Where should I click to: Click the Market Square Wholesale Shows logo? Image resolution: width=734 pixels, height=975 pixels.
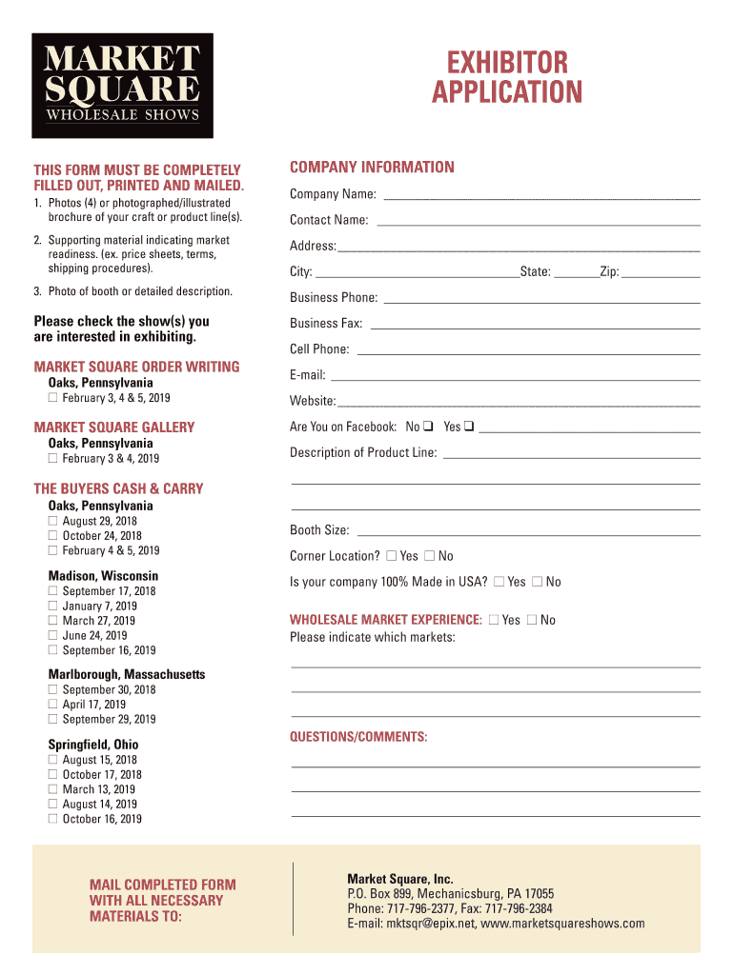click(122, 86)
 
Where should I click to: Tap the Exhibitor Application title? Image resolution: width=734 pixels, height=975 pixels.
click(506, 78)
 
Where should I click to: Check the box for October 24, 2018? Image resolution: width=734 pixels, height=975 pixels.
click(53, 536)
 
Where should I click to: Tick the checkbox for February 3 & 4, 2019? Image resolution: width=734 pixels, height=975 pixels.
click(53, 459)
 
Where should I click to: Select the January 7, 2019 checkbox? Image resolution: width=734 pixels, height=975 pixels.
click(53, 607)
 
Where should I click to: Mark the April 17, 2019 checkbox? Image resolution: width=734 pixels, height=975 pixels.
click(53, 705)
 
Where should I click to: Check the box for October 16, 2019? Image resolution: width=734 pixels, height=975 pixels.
click(53, 819)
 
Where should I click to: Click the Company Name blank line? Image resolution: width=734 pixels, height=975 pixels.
click(540, 198)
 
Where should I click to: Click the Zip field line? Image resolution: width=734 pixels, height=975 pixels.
click(662, 275)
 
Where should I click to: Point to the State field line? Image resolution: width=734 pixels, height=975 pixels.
click(576, 275)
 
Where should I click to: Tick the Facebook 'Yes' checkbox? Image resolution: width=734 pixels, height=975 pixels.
click(469, 427)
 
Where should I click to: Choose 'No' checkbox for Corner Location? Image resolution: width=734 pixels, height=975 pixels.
click(429, 556)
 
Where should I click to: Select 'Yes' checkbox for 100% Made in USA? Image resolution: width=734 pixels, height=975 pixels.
click(499, 582)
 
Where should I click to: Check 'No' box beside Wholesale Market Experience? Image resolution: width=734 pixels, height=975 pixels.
click(532, 620)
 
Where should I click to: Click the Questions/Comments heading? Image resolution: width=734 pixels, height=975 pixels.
click(358, 738)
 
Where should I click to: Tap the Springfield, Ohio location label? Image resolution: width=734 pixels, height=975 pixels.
click(93, 745)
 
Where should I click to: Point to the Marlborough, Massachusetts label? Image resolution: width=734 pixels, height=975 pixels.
click(127, 674)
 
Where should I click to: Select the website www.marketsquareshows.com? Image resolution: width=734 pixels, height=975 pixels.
click(562, 924)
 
